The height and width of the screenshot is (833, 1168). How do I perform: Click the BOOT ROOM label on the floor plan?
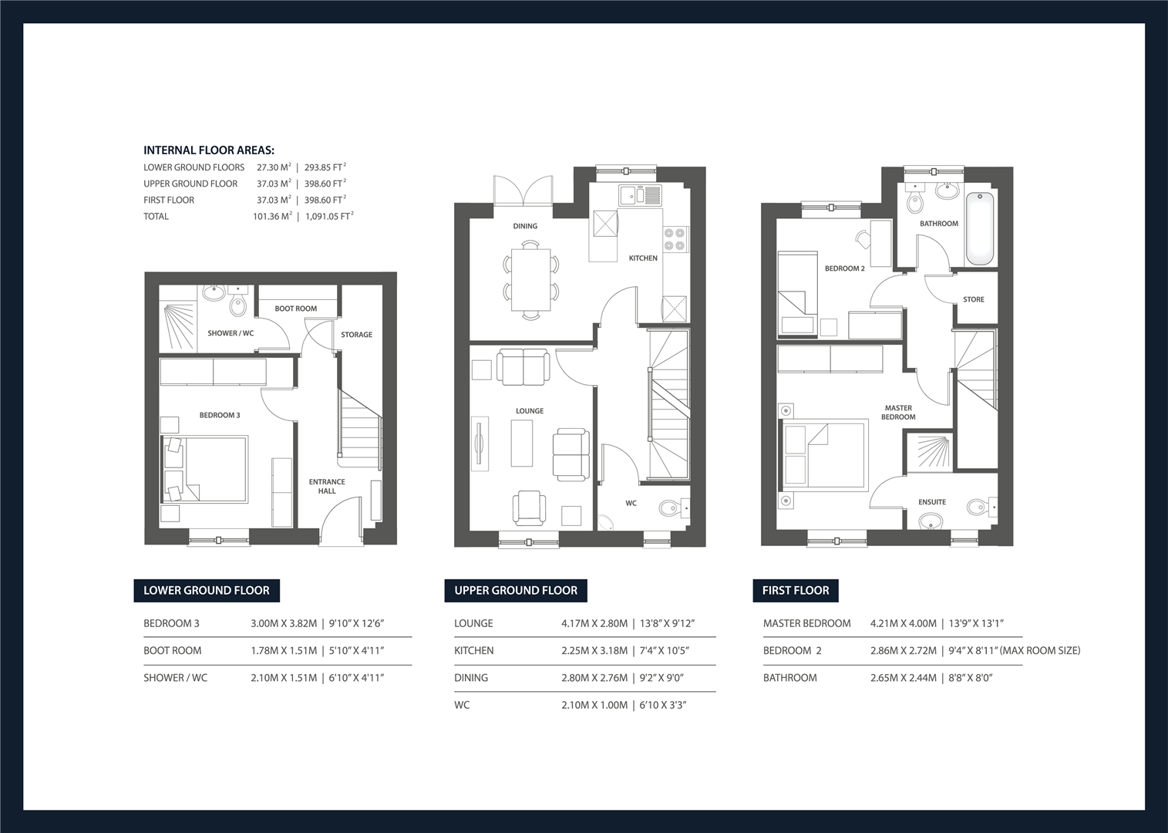pyautogui.click(x=295, y=309)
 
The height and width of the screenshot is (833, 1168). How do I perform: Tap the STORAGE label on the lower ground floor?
pyautogui.click(x=357, y=334)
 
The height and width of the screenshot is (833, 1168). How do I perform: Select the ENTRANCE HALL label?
pyautogui.click(x=327, y=486)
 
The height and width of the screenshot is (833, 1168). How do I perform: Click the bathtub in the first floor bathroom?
pyautogui.click(x=981, y=229)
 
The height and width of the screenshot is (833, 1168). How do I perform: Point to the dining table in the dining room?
pyautogui.click(x=531, y=280)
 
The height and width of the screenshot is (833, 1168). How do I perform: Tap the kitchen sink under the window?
pyautogui.click(x=641, y=195)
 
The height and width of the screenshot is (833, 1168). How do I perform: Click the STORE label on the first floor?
pyautogui.click(x=974, y=299)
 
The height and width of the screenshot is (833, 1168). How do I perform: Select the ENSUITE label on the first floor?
pyautogui.click(x=932, y=502)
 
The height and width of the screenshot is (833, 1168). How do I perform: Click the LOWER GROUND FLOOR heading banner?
pyautogui.click(x=207, y=591)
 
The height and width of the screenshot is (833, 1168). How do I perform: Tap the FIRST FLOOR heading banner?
pyautogui.click(x=795, y=591)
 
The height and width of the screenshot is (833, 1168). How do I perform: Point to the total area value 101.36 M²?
pyautogui.click(x=272, y=216)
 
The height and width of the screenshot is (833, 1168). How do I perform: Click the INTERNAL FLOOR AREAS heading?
pyautogui.click(x=209, y=150)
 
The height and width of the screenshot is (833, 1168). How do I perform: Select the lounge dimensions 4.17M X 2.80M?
pyautogui.click(x=594, y=623)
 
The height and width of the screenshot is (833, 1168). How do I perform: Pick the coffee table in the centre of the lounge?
pyautogui.click(x=522, y=443)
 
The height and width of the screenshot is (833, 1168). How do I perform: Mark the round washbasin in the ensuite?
pyautogui.click(x=931, y=521)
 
